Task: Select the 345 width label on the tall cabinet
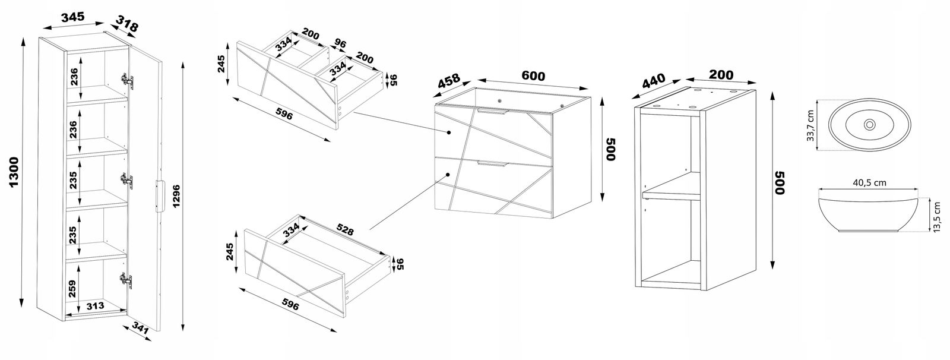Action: [72, 17]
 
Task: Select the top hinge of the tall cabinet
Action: [126, 80]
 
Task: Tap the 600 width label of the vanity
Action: [533, 76]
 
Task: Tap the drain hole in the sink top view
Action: [869, 125]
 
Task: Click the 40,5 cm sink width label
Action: [869, 183]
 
